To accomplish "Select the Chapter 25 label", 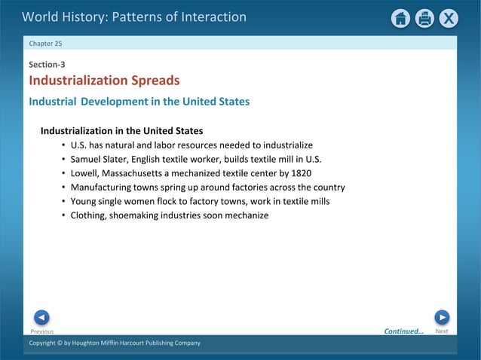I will click(45, 44).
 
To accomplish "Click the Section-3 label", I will click(47, 65).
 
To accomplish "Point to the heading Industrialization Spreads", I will click(104, 81).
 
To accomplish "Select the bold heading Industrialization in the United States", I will click(121, 130).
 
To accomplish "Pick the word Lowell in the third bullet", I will click(85, 173).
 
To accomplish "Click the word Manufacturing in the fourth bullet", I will click(102, 188).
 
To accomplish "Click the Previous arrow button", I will click(42, 317).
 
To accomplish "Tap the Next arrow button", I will click(442, 317).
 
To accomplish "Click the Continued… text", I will click(404, 331).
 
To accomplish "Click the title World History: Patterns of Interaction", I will click(134, 17).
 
